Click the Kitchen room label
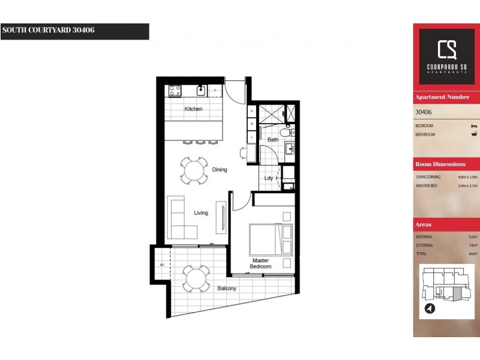click(x=193, y=109)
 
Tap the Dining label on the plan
click(x=220, y=170)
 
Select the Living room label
click(x=200, y=213)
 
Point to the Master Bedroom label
click(x=261, y=263)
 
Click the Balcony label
click(x=227, y=289)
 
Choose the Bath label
click(x=272, y=140)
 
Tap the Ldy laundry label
click(x=269, y=178)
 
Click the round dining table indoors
click(x=194, y=170)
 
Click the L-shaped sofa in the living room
click(x=180, y=218)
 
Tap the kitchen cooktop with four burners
click(x=175, y=91)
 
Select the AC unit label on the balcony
click(x=162, y=265)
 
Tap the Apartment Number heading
click(x=442, y=97)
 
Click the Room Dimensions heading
click(x=440, y=164)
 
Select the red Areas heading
click(x=423, y=224)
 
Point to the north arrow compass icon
click(x=430, y=309)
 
